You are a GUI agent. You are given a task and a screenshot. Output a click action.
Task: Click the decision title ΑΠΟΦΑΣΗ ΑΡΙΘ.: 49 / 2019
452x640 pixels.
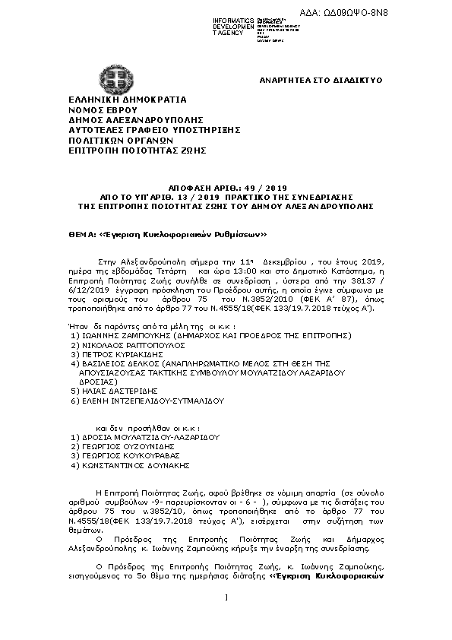pyautogui.click(x=226, y=185)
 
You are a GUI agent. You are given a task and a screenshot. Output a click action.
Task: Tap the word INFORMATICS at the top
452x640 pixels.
pyautogui.click(x=234, y=20)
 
